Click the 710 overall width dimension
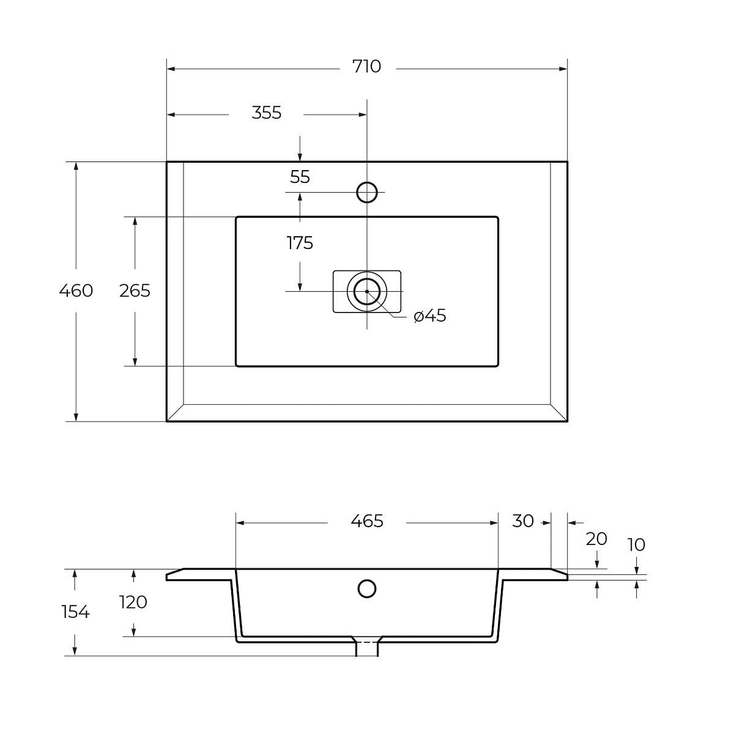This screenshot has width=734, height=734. tap(366, 66)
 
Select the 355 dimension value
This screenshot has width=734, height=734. tap(266, 113)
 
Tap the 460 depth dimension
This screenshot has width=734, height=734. tap(76, 291)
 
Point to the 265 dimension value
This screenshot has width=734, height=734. tap(135, 291)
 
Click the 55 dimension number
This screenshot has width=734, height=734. tap(300, 177)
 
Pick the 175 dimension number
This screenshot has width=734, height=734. tap(300, 243)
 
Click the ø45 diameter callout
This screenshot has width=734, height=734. tap(429, 316)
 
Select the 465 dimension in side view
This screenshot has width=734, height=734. tap(367, 521)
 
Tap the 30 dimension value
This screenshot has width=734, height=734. tap(522, 521)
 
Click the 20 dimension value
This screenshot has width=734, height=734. tap(596, 539)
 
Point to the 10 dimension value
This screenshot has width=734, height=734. tap(636, 545)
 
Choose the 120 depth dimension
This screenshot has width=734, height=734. tap(133, 602)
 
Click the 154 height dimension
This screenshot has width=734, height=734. tap(75, 612)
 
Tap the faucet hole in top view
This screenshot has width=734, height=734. tap(367, 192)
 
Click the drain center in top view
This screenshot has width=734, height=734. tap(367, 291)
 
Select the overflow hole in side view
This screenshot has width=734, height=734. tap(367, 588)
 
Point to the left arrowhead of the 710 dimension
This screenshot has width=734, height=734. tap(171, 69)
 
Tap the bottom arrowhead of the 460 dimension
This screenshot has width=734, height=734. tap(76, 417)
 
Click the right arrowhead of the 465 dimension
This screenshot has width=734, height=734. tap(494, 523)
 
